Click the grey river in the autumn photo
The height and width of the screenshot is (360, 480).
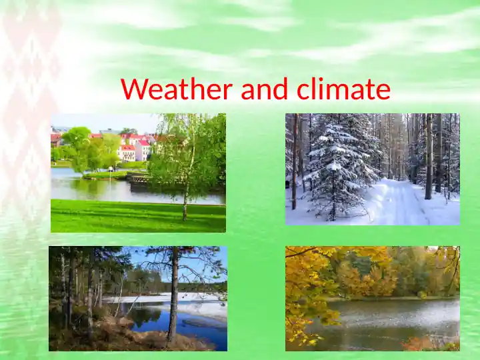[x=387, y=320]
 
